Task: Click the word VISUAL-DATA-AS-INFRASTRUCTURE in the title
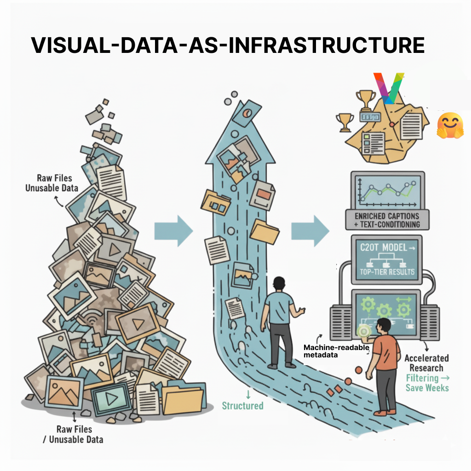(x=227, y=45)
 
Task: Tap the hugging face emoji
(x=448, y=125)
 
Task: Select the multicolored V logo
(x=388, y=87)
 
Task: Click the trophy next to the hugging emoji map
(x=345, y=122)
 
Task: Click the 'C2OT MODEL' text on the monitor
(x=381, y=248)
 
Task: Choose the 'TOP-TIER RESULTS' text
(x=386, y=271)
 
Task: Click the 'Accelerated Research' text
(x=426, y=363)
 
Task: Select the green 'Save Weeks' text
(x=426, y=387)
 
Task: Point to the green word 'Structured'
(x=242, y=406)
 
